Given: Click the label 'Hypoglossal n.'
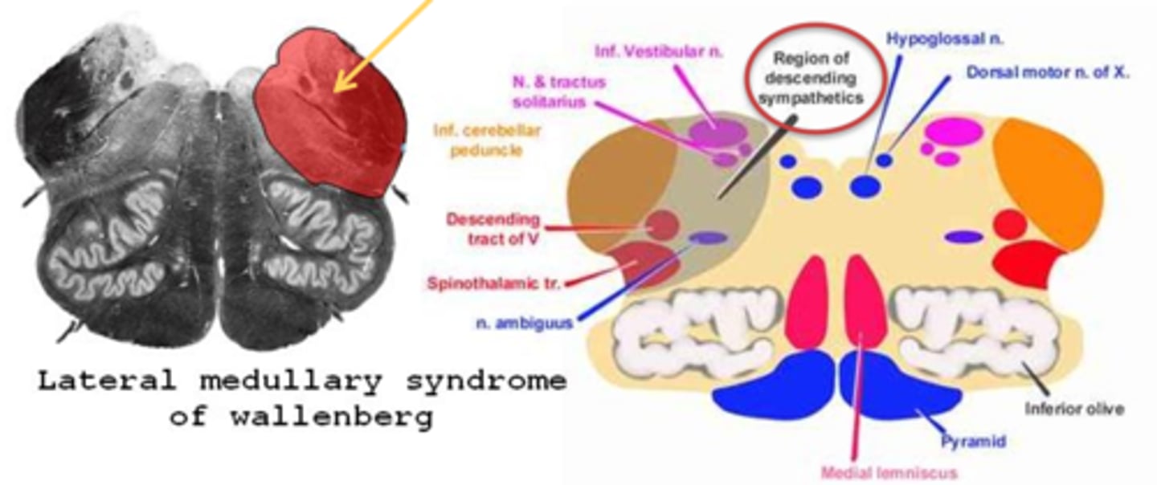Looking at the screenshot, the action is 945,38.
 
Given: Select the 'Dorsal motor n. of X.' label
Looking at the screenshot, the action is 1048,72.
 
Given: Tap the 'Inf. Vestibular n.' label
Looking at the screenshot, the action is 659,51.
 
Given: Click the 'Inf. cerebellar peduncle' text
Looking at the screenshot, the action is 487,139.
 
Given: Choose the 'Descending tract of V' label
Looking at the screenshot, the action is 493,227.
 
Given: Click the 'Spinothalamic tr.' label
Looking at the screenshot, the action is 494,283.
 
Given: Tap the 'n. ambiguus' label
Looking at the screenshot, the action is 524,323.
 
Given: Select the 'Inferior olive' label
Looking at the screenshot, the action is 1074,409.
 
